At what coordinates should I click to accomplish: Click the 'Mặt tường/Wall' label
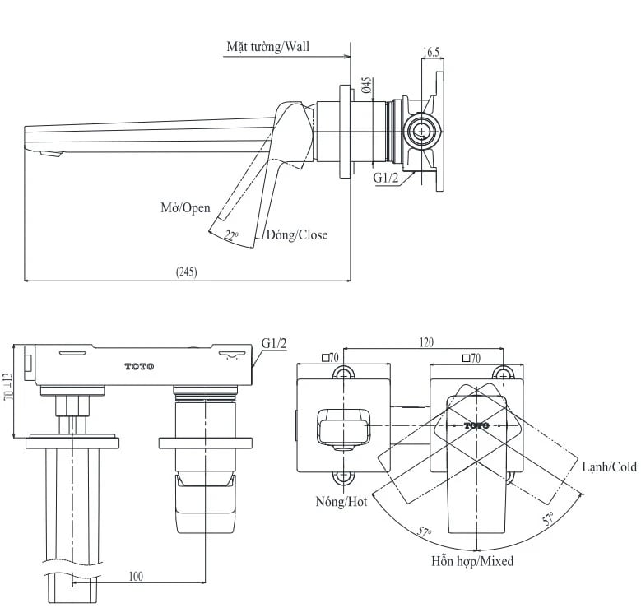coord(269,46)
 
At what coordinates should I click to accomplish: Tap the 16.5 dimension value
coord(430,52)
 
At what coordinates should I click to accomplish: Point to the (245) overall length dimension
coord(187,272)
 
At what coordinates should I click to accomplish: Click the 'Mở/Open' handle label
coord(185,207)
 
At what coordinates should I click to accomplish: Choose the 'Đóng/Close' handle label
coord(296,235)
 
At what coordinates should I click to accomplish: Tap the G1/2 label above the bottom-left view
coord(274,343)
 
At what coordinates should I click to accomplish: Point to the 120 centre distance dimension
coord(425,342)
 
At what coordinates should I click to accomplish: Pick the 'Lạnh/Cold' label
coord(609,466)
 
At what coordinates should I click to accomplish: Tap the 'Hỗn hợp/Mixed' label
coord(472,562)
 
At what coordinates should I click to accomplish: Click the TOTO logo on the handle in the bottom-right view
coord(476,425)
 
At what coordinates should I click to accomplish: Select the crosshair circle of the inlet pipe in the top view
coord(421,131)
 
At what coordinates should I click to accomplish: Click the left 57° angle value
coord(425,531)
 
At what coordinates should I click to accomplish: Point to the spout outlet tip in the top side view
coord(51,154)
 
